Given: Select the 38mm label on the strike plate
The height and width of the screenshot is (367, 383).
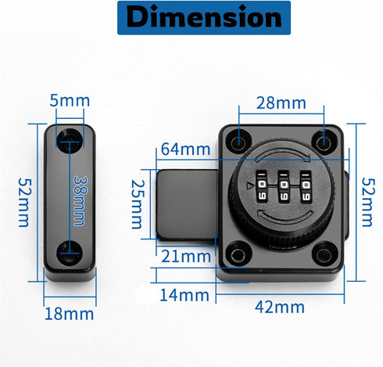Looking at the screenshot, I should click(78, 200).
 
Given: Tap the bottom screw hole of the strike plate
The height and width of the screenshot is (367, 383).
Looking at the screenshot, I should click(70, 250).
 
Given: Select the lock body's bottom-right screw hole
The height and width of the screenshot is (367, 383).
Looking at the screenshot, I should click(322, 254).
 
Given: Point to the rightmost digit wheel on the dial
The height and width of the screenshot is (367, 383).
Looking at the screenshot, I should click(306, 185).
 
